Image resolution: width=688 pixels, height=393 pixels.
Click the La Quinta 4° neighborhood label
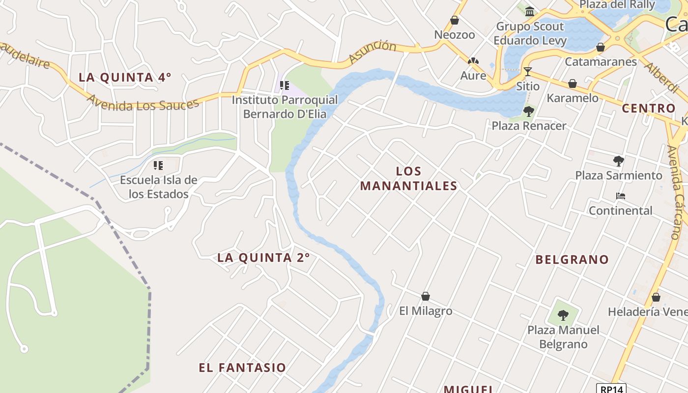tap(125, 77)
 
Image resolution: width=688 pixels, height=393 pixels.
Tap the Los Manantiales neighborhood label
tap(408, 178)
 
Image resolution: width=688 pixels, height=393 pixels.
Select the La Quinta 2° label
tap(263, 257)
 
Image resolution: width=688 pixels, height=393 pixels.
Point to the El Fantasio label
tap(242, 367)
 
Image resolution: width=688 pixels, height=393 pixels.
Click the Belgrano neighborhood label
tap(572, 259)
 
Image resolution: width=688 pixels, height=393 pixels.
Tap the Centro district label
tap(649, 108)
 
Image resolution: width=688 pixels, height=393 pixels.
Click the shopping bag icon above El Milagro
tap(426, 296)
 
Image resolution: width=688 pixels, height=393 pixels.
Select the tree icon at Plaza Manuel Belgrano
tap(563, 315)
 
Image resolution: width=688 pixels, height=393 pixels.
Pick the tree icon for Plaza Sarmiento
tap(619, 161)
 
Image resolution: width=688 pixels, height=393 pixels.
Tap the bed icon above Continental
tap(621, 196)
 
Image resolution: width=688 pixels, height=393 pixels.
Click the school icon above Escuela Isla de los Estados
tap(158, 166)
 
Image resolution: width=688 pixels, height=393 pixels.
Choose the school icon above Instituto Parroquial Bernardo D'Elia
tap(285, 85)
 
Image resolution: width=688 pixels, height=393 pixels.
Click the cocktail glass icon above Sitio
tap(527, 72)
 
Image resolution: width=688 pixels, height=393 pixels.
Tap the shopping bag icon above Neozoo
tap(455, 20)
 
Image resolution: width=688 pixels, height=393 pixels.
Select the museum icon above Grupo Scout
tap(530, 11)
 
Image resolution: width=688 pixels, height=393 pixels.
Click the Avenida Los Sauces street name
tap(143, 101)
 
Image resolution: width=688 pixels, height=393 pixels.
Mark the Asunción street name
tap(372, 53)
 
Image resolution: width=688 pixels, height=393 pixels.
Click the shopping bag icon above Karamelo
tap(573, 84)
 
